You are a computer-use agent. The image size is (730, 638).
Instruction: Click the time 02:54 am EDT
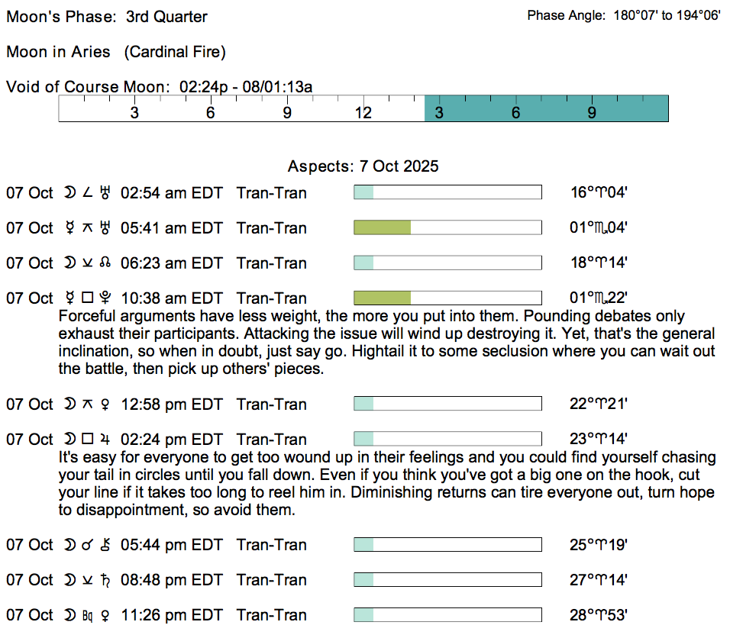point(171,192)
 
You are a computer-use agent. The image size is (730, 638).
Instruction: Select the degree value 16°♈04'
point(599,192)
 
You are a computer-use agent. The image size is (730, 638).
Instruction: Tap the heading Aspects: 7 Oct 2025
point(363,166)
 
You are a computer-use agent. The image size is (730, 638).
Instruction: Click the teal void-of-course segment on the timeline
point(547,108)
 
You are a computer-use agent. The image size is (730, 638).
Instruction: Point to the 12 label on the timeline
point(363,113)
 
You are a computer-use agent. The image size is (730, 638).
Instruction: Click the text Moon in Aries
point(58,52)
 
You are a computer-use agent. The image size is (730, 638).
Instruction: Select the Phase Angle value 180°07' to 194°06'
point(667,15)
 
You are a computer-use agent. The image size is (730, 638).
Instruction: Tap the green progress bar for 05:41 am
point(383,227)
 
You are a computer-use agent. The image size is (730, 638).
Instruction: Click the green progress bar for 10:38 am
point(383,298)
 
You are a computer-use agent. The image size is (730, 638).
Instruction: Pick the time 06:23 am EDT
point(171,263)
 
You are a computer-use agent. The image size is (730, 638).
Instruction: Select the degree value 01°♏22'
point(598,298)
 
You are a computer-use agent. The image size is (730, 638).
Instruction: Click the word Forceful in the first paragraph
point(86,316)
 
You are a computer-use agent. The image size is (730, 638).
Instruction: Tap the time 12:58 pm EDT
point(172,404)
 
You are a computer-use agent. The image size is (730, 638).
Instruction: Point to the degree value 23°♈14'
point(598,439)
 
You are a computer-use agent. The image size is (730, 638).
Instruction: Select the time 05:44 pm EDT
point(171,544)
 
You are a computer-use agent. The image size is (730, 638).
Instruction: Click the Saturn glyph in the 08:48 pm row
point(105,580)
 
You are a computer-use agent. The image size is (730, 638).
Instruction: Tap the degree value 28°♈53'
point(598,615)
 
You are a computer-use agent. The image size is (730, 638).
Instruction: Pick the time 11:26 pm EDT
point(172,615)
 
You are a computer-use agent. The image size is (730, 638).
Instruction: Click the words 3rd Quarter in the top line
point(166,16)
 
